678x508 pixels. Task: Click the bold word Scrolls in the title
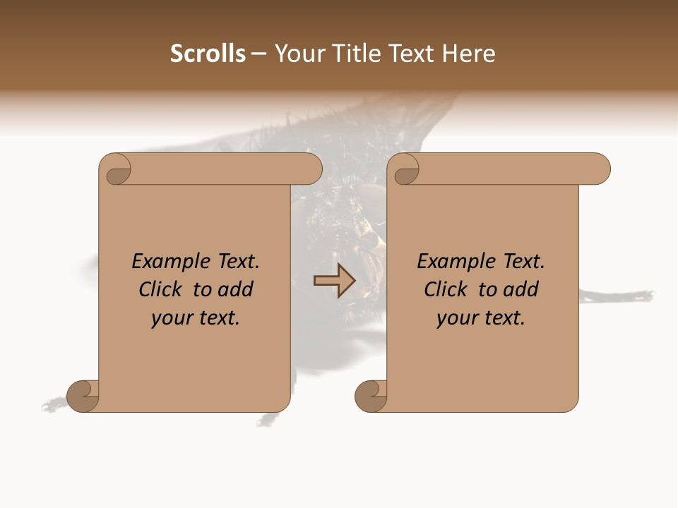click(208, 54)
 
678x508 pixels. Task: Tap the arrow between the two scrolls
click(335, 281)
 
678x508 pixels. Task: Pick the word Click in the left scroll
click(162, 289)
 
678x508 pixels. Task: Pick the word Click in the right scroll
click(447, 289)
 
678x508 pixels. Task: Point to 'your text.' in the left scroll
click(196, 318)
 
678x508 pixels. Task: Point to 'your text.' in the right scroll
click(481, 318)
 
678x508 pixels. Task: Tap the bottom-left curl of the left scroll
click(83, 396)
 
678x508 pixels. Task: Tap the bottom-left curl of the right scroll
click(371, 396)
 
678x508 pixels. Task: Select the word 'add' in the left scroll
click(236, 289)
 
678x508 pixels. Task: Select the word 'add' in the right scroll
click(521, 289)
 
